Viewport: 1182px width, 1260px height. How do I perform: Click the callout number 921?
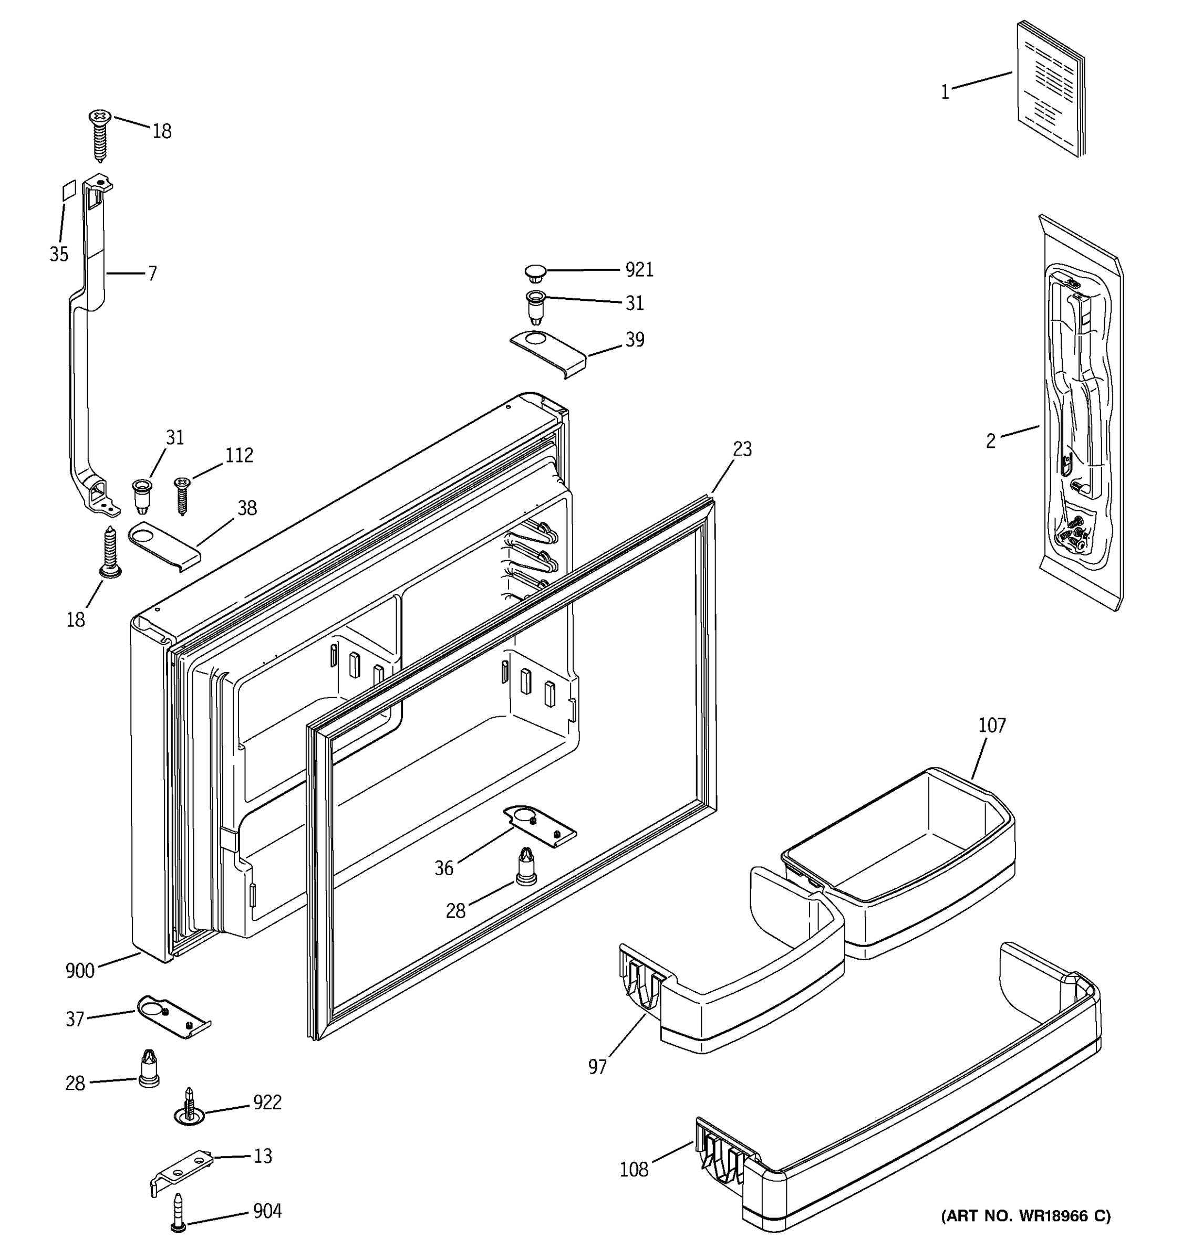pyautogui.click(x=639, y=270)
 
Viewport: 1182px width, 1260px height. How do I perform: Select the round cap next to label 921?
pyautogui.click(x=535, y=273)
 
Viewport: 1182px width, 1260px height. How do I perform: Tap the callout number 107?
pyautogui.click(x=992, y=725)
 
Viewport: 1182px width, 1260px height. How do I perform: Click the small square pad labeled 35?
pyautogui.click(x=68, y=190)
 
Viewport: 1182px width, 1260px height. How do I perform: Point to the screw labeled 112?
pyautogui.click(x=181, y=495)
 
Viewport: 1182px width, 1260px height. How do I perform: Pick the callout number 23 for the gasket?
pyautogui.click(x=742, y=449)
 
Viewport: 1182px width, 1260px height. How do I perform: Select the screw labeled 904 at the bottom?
pyautogui.click(x=178, y=1213)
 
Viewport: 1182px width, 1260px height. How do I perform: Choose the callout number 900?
pyautogui.click(x=80, y=971)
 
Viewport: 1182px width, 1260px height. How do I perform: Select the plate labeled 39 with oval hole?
pyautogui.click(x=548, y=353)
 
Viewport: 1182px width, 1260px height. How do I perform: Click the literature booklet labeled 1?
pyautogui.click(x=1050, y=89)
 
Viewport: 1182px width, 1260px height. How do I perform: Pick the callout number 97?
pyautogui.click(x=597, y=1067)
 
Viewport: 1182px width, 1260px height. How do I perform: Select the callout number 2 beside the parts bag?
pyautogui.click(x=990, y=441)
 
